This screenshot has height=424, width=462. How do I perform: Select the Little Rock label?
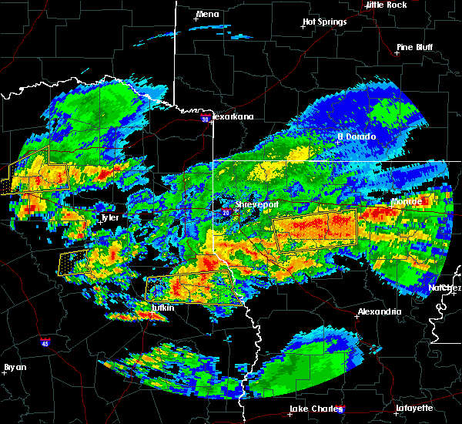387,5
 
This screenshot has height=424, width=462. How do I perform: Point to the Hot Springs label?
325,22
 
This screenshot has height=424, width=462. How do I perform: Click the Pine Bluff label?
413,47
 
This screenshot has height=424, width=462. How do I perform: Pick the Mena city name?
207,14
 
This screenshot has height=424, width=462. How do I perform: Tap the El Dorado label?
357,136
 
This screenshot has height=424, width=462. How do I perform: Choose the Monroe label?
407,201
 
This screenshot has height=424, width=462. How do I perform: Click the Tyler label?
109,218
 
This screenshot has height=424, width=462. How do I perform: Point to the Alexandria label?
379,312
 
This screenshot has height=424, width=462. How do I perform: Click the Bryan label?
15,367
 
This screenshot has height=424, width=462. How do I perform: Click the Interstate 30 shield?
204,119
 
